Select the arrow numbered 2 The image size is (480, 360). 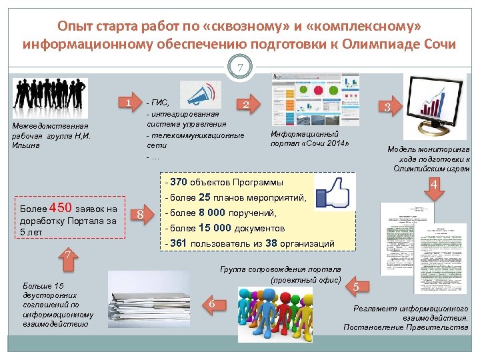247,105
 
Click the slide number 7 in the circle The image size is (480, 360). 239,68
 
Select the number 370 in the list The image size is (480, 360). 178,181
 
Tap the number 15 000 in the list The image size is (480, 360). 215,228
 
